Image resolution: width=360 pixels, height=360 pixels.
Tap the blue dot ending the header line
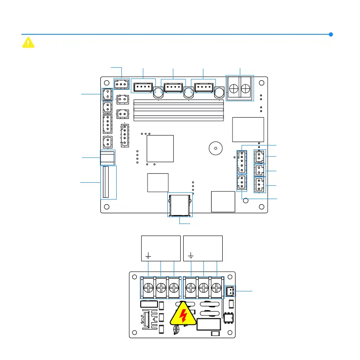[x=331, y=34]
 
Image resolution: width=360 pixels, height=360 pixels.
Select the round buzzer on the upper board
[x=215, y=149]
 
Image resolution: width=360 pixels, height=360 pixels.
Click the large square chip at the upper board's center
[x=160, y=148]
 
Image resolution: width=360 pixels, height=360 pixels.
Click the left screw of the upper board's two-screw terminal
[x=234, y=89]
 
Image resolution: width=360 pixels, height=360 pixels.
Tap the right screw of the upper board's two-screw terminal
[x=246, y=89]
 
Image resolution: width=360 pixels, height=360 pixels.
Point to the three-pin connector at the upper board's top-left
[x=122, y=84]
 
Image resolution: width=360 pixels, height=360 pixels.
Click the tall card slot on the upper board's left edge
[x=109, y=182]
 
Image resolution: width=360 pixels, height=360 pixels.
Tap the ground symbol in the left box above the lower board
[x=148, y=257]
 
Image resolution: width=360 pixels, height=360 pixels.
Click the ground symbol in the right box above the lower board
[x=191, y=257]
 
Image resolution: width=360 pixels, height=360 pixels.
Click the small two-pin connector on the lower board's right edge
[x=230, y=291]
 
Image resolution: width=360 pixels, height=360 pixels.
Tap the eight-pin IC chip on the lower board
[x=227, y=318]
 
